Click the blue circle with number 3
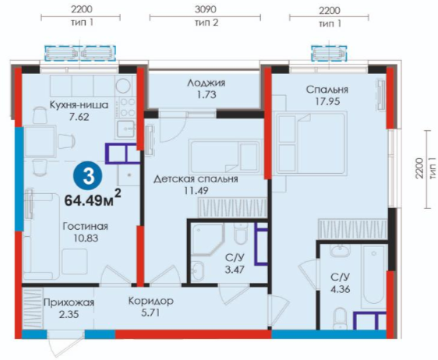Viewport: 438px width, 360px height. pyautogui.click(x=88, y=177)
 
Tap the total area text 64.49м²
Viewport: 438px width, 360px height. pyautogui.click(x=93, y=199)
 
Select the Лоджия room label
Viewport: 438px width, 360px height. pyautogui.click(x=207, y=83)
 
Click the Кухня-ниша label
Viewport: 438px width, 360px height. pyautogui.click(x=79, y=105)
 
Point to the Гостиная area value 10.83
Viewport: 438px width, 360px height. pyautogui.click(x=86, y=238)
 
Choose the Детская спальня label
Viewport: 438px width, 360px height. pyautogui.click(x=196, y=178)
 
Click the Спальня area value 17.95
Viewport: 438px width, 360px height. pyautogui.click(x=327, y=101)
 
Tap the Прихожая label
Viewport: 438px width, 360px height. pyautogui.click(x=69, y=302)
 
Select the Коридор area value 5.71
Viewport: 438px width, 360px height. pyautogui.click(x=150, y=312)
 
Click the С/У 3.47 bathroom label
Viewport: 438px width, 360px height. pyautogui.click(x=235, y=263)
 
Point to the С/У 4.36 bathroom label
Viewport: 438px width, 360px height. pyautogui.click(x=340, y=283)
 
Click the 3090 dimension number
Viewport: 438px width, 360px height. pyautogui.click(x=205, y=9)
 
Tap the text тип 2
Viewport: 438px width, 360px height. pyautogui.click(x=207, y=23)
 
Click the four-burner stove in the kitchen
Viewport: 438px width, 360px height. pyautogui.click(x=128, y=108)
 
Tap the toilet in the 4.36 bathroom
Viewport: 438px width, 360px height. pyautogui.click(x=341, y=318)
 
